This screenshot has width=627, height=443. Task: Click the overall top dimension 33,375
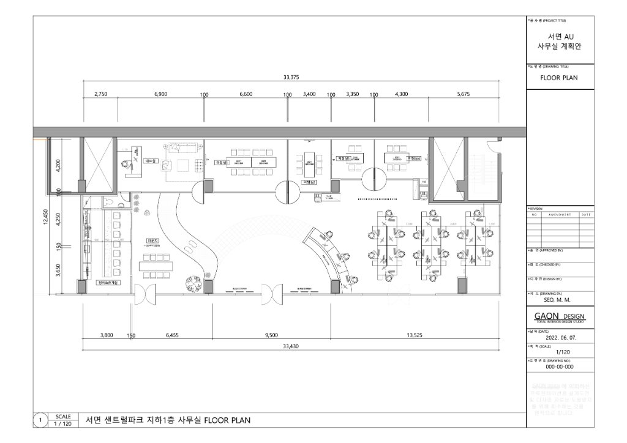pos(291,77)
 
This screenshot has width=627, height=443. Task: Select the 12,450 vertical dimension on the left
pos(45,217)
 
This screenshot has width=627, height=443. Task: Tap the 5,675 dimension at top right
pos(463,94)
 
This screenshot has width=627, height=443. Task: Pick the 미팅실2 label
pos(310,182)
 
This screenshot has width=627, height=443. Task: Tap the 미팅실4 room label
pos(415,159)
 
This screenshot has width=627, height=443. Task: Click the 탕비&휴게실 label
pos(110,283)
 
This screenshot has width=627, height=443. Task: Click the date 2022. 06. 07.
pos(560,337)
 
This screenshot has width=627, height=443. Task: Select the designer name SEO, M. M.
pos(557,300)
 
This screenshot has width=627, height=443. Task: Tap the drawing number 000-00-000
pos(560,367)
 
